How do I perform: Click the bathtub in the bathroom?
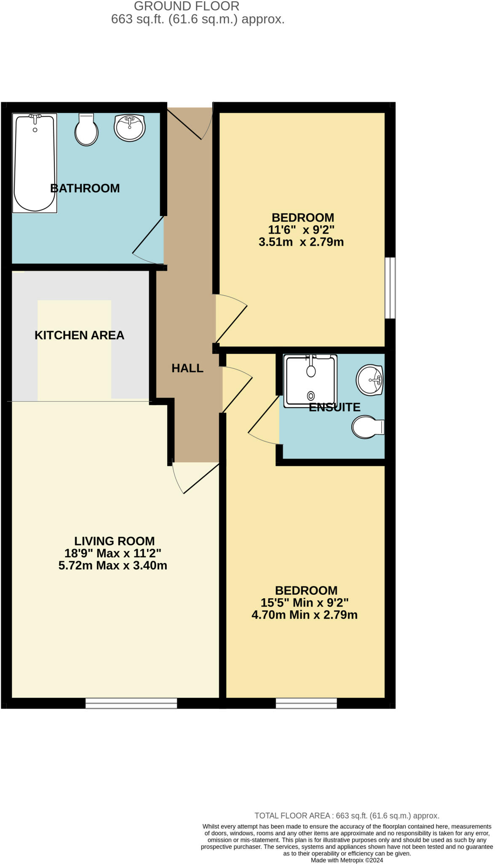[x=35, y=163]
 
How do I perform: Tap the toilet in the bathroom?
[x=87, y=130]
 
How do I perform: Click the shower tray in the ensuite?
[x=310, y=381]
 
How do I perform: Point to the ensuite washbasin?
[x=369, y=380]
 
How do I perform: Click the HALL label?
[x=187, y=368]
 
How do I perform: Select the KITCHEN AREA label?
[x=79, y=335]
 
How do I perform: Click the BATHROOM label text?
[x=85, y=188]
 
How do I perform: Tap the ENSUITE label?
[x=334, y=407]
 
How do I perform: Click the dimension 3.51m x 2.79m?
[x=301, y=242]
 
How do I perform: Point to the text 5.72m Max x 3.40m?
[x=113, y=565]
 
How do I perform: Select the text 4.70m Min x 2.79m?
[x=305, y=615]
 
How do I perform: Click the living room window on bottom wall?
[x=131, y=703]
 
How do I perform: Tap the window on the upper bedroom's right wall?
[x=390, y=288]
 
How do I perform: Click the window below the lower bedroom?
[x=306, y=703]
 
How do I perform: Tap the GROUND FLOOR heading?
[x=187, y=6]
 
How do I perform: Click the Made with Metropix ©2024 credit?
[x=347, y=860]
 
